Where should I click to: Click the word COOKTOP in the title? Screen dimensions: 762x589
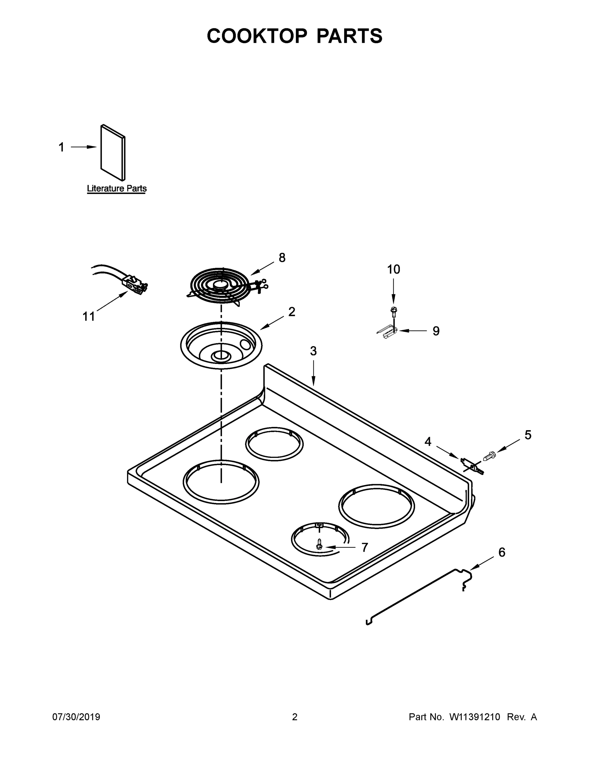click(x=257, y=36)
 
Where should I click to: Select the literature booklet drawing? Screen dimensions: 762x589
click(x=113, y=152)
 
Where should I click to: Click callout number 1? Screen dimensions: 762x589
click(x=61, y=147)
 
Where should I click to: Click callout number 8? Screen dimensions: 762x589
click(x=282, y=258)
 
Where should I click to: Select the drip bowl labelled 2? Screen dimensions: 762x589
click(x=221, y=345)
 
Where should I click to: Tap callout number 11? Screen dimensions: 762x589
click(x=89, y=317)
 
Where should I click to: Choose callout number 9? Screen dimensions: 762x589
click(x=436, y=331)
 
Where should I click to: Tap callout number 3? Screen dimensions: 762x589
click(x=313, y=351)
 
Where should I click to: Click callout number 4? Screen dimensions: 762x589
click(x=428, y=442)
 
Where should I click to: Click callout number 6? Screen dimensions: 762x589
click(x=501, y=552)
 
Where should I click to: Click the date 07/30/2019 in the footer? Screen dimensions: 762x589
click(x=76, y=717)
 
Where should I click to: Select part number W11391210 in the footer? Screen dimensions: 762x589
click(x=475, y=717)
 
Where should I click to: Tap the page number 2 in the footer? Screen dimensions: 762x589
click(x=295, y=717)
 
